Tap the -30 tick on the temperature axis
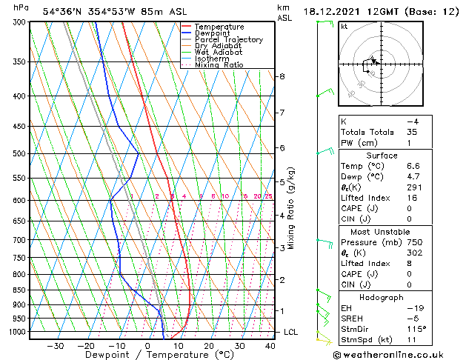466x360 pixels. (55, 345)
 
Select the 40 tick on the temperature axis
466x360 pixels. (270, 345)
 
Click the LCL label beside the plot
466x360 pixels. (290, 332)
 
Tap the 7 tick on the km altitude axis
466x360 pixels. (282, 113)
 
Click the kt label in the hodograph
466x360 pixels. (344, 27)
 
